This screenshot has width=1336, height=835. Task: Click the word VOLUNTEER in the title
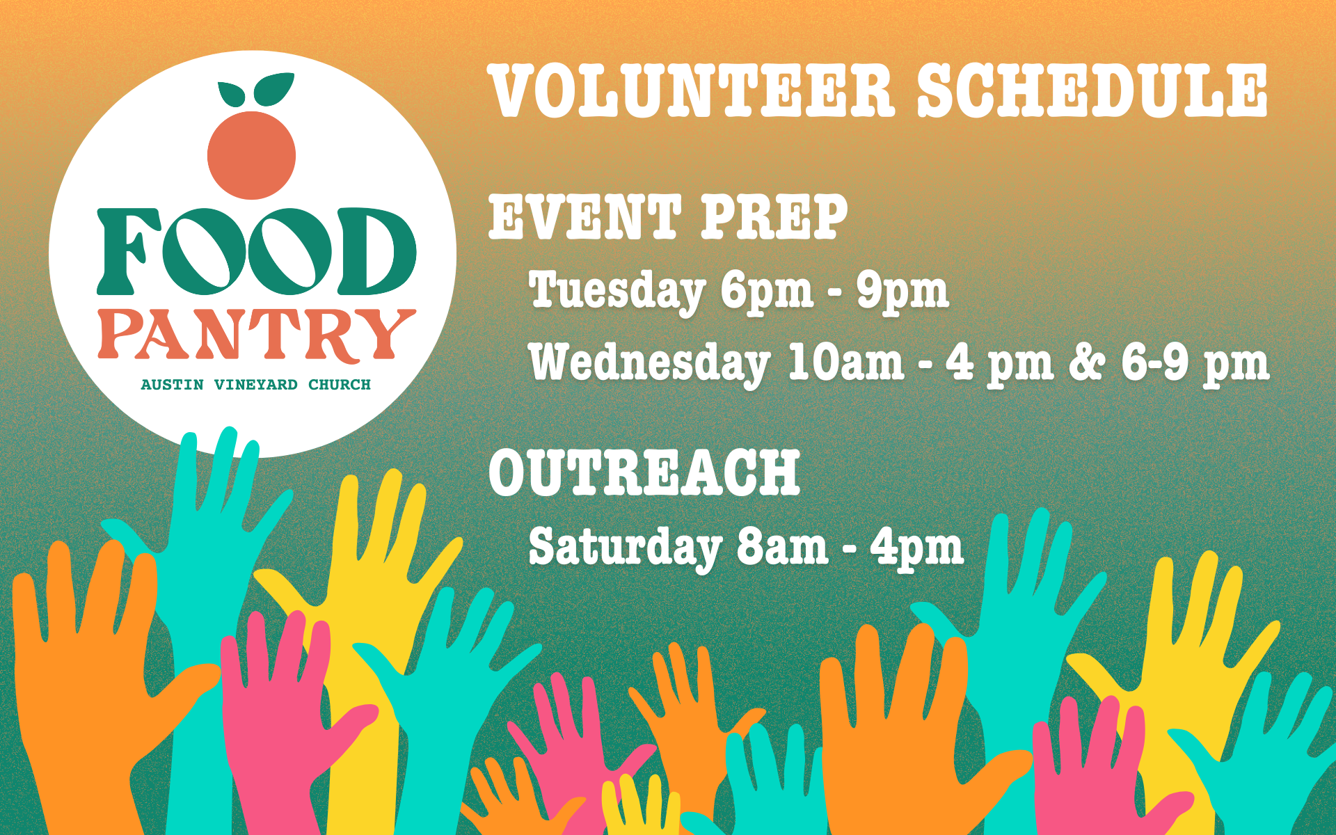(692, 91)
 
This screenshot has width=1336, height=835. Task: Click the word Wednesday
(649, 363)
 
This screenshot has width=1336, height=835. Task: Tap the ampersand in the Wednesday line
(1086, 362)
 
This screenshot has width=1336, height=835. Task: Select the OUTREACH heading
(644, 472)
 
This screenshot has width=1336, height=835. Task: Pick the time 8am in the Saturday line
(782, 548)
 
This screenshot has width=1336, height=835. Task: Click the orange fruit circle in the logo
(252, 154)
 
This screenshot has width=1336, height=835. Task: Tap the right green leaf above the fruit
(273, 88)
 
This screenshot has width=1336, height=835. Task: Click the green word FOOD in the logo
(257, 250)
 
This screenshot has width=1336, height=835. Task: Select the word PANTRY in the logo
(257, 335)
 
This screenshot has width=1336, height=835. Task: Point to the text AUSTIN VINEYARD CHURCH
(256, 385)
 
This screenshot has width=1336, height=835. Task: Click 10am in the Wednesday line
(845, 363)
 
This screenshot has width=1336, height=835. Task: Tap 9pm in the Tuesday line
(902, 291)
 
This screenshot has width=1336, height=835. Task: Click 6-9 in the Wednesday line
(1155, 363)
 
